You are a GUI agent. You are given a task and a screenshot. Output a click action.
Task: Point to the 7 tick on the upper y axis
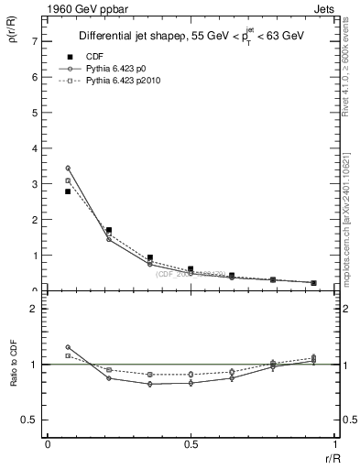pyautogui.click(x=34, y=42)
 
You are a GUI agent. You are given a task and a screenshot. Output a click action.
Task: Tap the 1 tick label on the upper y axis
pyautogui.click(x=34, y=256)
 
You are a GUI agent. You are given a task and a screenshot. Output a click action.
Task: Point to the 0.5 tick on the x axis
pyautogui.click(x=191, y=443)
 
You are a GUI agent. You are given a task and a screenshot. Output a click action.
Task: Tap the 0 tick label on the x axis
pyautogui.click(x=48, y=443)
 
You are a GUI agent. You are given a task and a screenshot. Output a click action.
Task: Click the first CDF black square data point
pyautogui.click(x=68, y=191)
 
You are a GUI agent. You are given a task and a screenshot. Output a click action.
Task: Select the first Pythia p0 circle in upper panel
pyautogui.click(x=68, y=168)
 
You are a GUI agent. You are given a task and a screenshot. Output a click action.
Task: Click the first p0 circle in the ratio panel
pyautogui.click(x=68, y=347)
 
